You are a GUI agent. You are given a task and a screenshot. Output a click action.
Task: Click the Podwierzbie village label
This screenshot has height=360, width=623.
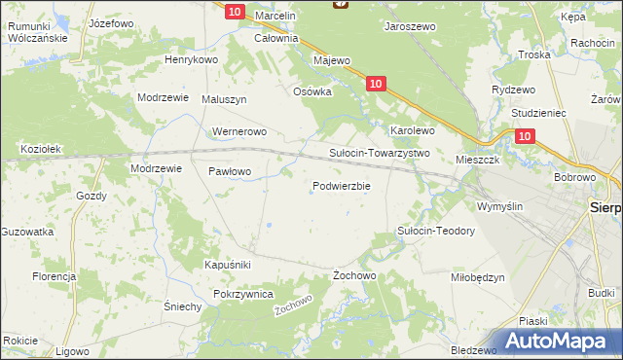point(341,186)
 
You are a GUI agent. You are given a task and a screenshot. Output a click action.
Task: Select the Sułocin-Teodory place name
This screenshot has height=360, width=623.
point(435,231)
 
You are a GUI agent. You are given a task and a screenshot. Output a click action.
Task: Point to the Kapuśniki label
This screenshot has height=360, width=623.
point(228,265)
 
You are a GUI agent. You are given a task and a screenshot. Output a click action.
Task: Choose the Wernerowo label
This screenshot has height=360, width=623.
point(238,131)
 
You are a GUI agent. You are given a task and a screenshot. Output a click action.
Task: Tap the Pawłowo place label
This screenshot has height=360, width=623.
point(230,171)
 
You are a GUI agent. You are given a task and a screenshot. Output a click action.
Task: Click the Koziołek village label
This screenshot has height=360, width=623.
point(42,149)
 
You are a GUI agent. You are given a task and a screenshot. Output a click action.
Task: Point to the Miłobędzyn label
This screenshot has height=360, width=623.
point(478,277)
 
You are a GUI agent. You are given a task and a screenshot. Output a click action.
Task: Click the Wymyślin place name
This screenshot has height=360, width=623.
point(499,206)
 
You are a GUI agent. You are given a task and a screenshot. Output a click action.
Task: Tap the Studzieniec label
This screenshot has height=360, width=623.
point(530,113)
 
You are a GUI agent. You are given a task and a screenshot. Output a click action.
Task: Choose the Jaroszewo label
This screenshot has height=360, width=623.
point(410,27)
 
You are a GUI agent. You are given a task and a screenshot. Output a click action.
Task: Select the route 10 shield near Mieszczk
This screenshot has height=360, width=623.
point(525,138)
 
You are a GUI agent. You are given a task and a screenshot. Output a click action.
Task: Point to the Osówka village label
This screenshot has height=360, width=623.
point(313,91)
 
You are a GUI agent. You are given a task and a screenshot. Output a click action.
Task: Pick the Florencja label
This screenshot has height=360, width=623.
point(55,277)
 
